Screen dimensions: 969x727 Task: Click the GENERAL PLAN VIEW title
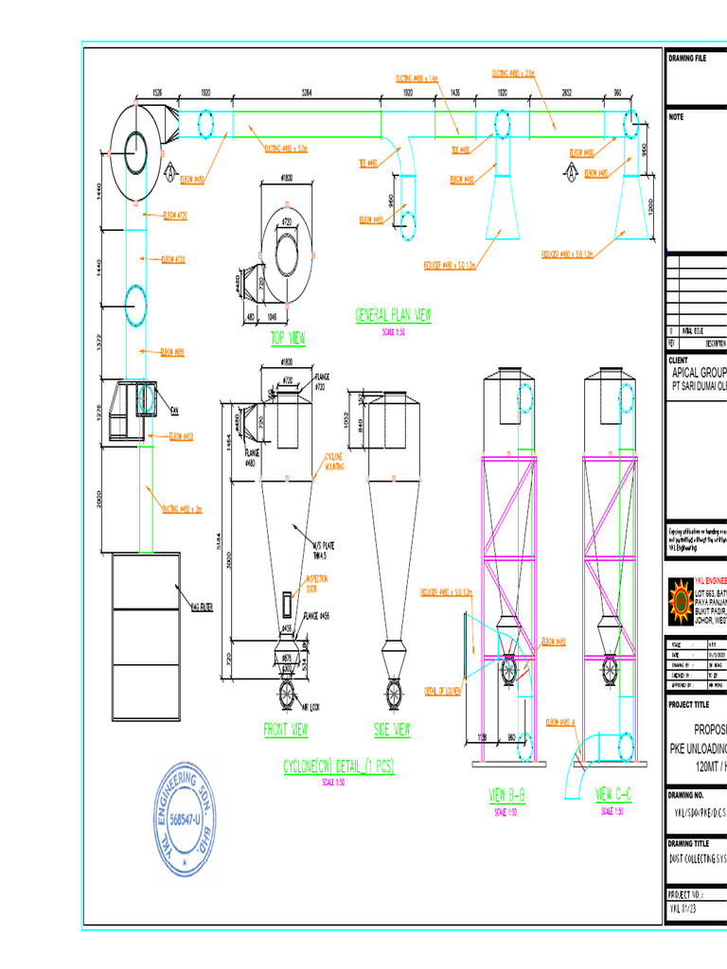click(x=393, y=316)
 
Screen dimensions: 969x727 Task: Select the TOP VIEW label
click(x=288, y=338)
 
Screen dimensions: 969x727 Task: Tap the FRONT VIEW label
click(x=285, y=729)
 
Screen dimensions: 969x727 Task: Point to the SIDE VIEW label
click(x=392, y=729)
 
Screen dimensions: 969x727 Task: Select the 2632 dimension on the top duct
click(x=566, y=94)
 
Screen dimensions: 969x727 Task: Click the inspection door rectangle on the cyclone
click(x=286, y=603)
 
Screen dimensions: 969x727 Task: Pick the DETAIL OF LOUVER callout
click(x=442, y=691)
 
